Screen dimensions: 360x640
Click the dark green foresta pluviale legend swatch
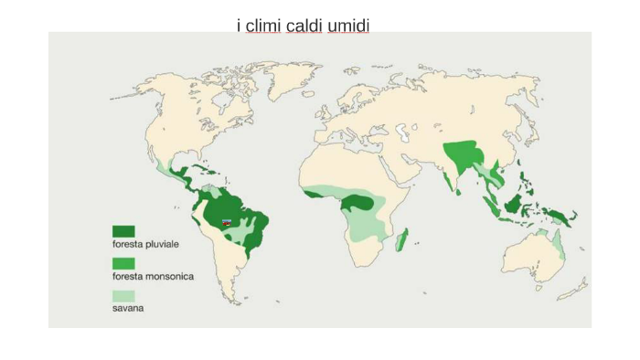point(123,231)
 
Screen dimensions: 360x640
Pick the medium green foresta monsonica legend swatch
point(123,263)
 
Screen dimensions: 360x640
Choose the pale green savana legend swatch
point(123,296)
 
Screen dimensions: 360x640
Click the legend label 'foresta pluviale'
point(145,244)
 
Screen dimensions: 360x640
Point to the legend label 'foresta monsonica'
point(153,276)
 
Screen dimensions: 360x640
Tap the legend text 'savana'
point(128,308)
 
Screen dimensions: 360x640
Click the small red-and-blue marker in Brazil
point(227,221)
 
